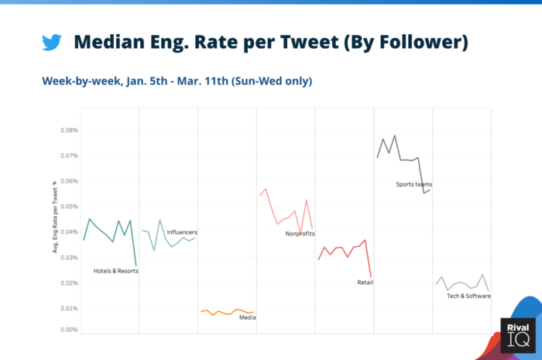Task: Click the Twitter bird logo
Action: pos(52,42)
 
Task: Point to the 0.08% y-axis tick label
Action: pos(68,130)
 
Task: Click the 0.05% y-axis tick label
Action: pos(68,207)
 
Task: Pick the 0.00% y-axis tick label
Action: pos(68,330)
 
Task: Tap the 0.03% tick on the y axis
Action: pos(68,258)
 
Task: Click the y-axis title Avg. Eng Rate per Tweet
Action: pos(55,217)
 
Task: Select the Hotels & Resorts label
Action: pos(115,271)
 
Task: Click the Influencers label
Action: pos(182,232)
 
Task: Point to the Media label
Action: pos(248,317)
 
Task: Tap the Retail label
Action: pos(365,283)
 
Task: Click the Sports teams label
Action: pos(413,184)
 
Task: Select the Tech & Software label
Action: pos(468,296)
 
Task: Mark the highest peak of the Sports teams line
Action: pos(395,135)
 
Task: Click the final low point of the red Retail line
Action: pos(372,276)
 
